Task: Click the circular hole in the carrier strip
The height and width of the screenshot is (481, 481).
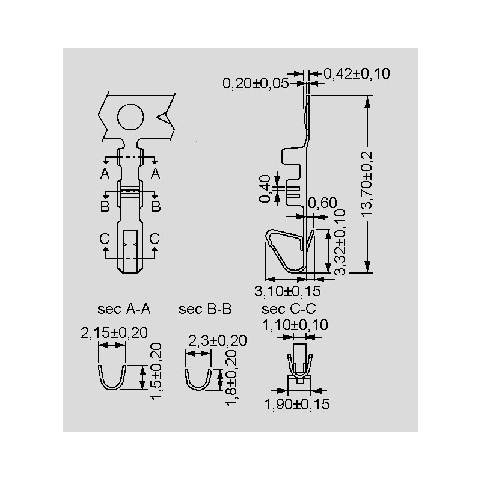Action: (130, 117)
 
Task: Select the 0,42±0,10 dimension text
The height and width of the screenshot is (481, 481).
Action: (357, 73)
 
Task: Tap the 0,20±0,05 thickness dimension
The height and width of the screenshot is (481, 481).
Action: (256, 84)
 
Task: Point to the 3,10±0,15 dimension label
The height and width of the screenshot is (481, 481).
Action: (287, 291)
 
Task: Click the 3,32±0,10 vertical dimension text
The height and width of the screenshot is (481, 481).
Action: (340, 242)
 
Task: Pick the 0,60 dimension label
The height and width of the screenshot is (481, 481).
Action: (322, 203)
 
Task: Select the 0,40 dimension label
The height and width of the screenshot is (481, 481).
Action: (265, 189)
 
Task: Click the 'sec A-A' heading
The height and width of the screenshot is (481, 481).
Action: (124, 309)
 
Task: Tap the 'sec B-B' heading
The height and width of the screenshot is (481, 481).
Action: (205, 309)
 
